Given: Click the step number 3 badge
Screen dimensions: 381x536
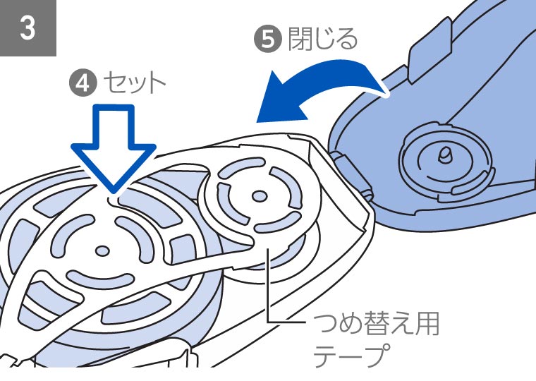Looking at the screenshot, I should click(x=28, y=28).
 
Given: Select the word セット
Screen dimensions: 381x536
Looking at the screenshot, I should click(x=133, y=83).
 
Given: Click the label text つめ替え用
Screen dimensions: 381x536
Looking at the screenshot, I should click(x=375, y=326).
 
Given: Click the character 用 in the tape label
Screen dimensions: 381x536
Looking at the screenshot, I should click(x=425, y=326).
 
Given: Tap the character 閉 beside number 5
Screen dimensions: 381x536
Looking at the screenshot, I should click(x=298, y=40).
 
